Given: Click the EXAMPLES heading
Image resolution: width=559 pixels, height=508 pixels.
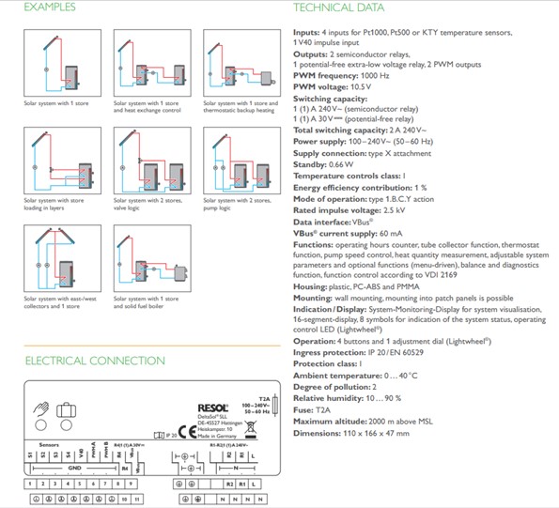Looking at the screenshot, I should [51, 8].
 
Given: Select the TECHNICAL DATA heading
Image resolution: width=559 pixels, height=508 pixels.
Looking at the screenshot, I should [338, 8].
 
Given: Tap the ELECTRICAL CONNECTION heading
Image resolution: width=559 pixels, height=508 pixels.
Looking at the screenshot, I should [82, 361].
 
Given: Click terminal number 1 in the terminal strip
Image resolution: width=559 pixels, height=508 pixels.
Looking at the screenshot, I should [31, 484].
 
